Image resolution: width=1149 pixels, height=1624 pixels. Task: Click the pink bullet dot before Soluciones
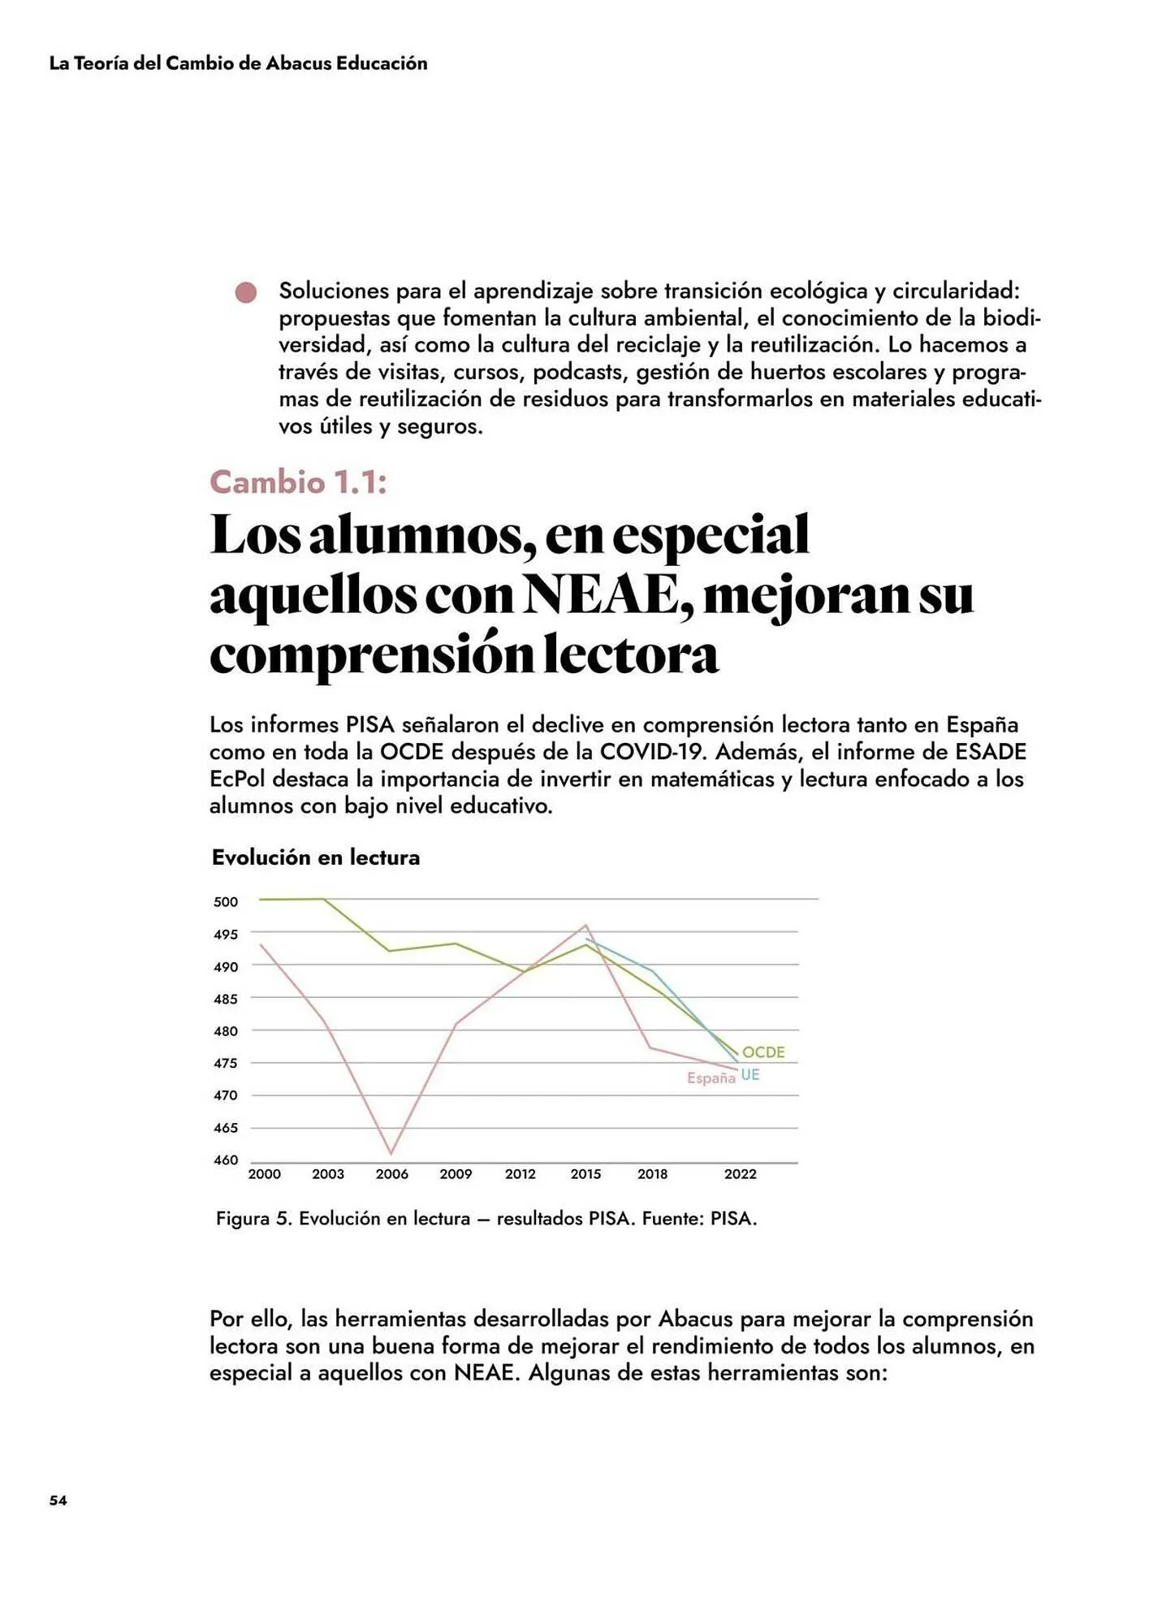[246, 292]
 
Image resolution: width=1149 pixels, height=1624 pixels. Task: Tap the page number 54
[58, 1500]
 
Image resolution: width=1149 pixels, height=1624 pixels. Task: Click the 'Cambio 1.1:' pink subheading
[298, 482]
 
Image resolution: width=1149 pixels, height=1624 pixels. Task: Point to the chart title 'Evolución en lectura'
[316, 857]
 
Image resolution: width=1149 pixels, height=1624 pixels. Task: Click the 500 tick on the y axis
[226, 902]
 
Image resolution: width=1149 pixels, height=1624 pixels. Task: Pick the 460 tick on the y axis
[226, 1160]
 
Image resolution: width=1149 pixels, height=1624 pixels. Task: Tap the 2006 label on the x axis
[391, 1174]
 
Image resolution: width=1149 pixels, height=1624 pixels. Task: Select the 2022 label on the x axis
[740, 1174]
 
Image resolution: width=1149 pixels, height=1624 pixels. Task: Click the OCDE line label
[763, 1052]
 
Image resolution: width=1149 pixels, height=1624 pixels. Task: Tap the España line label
[711, 1078]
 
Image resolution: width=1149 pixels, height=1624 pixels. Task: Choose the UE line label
[750, 1075]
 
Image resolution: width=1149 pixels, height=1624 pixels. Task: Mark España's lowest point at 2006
[391, 1153]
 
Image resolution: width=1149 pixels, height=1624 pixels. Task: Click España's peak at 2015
[585, 925]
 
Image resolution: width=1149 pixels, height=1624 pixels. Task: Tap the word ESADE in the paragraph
[991, 751]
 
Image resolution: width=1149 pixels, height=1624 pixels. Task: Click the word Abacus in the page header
[298, 63]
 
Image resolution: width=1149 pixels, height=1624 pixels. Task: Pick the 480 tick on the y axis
[226, 1031]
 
